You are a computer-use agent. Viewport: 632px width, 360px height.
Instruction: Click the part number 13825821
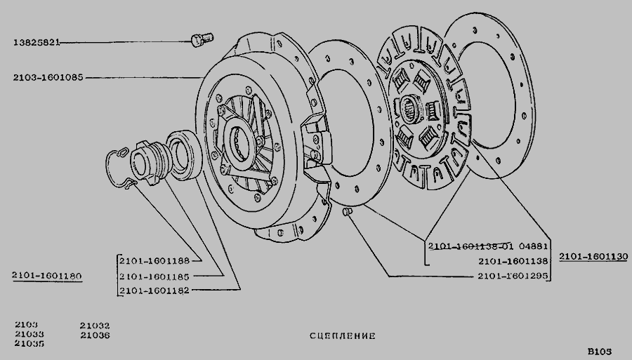click(x=37, y=42)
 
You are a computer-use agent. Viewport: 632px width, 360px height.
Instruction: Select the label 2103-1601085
click(x=48, y=77)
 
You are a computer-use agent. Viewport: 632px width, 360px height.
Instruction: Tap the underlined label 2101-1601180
click(x=47, y=276)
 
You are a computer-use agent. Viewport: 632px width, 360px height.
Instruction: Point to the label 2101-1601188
click(x=154, y=261)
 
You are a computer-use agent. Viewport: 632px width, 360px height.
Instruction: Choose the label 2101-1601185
click(x=154, y=276)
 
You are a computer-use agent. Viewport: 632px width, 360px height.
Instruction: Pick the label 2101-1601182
click(x=154, y=291)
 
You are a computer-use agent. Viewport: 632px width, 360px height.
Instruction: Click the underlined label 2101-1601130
click(x=593, y=257)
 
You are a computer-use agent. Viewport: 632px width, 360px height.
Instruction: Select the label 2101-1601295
click(x=513, y=276)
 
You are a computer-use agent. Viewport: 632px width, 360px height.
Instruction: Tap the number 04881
click(x=533, y=246)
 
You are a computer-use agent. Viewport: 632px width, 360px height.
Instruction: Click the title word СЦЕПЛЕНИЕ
click(x=343, y=336)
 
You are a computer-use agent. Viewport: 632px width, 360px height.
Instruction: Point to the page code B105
click(x=600, y=351)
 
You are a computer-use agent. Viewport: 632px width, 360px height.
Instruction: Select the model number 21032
click(x=95, y=326)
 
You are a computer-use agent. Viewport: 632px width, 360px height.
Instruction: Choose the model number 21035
click(x=29, y=343)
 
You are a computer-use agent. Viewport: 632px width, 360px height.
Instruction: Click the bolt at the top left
click(x=202, y=39)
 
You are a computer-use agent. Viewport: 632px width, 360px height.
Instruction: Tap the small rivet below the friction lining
click(x=348, y=211)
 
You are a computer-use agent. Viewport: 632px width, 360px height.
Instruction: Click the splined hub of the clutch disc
click(x=411, y=109)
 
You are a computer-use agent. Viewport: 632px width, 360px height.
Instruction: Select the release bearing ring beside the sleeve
click(x=184, y=154)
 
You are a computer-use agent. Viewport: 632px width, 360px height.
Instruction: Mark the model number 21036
click(x=95, y=335)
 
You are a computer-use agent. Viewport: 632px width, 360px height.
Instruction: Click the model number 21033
click(x=29, y=334)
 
